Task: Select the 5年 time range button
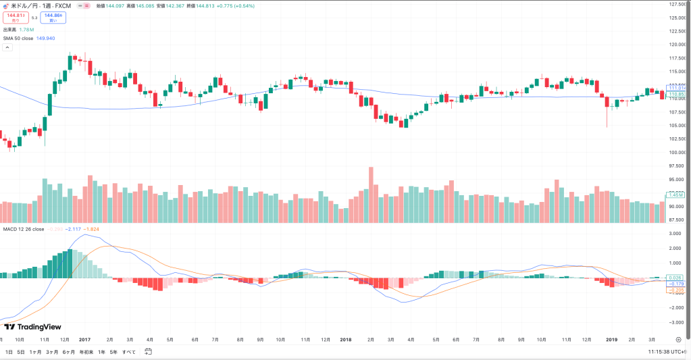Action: point(113,352)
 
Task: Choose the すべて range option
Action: point(129,352)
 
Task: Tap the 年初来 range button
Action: point(86,352)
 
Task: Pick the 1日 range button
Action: point(9,352)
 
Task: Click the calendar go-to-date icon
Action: point(148,352)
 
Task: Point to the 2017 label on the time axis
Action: point(85,340)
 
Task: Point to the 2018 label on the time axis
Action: point(346,340)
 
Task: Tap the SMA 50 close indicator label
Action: point(18,38)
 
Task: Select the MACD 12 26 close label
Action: point(24,229)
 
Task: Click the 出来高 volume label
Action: point(9,30)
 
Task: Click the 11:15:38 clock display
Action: point(659,352)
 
